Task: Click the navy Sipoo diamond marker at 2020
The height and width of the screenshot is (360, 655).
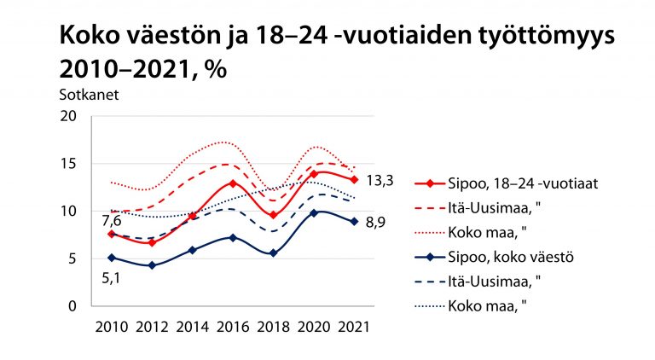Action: point(314,212)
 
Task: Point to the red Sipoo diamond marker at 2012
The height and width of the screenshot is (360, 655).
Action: point(152,242)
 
